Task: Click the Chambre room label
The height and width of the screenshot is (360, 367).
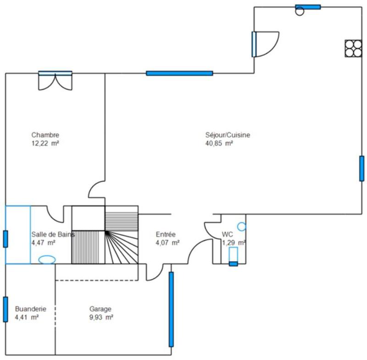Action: click(x=45, y=135)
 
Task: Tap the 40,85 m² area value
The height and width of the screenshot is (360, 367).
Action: click(x=219, y=143)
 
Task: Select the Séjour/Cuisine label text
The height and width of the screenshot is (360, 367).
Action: click(x=228, y=135)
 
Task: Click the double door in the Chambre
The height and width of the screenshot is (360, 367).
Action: click(x=55, y=80)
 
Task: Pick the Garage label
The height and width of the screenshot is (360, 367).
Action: click(x=100, y=309)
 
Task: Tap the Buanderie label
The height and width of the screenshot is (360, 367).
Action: click(x=30, y=309)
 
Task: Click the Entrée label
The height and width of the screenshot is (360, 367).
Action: click(x=166, y=234)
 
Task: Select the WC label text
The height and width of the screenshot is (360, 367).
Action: click(x=228, y=234)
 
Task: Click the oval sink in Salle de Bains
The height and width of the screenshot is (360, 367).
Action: click(x=46, y=259)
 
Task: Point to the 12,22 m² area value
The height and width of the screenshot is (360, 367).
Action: click(x=45, y=143)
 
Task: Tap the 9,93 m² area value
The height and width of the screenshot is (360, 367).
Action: click(x=101, y=317)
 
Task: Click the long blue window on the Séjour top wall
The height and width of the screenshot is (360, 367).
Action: click(x=179, y=73)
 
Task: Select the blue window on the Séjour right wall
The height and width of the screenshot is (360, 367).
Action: click(x=361, y=169)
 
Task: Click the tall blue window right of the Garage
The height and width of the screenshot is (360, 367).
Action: click(x=171, y=309)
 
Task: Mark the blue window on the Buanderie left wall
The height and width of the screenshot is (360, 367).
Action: click(x=6, y=309)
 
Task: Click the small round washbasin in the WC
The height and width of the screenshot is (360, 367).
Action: click(x=241, y=226)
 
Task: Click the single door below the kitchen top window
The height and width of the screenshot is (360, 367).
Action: click(x=265, y=44)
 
